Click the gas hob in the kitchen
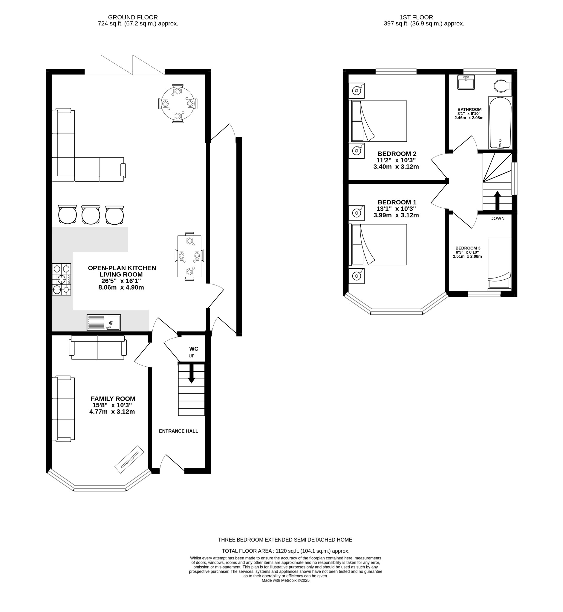pos(61,279)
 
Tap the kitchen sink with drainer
pos(104,322)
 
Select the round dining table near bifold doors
pos(178,104)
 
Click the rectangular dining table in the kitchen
pos(189,256)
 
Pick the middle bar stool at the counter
pos(91,215)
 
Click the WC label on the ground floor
pos(194,348)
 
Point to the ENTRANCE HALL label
pos(178,431)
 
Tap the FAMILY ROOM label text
pos(113,398)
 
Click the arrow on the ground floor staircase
pos(191,374)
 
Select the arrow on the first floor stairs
pos(497,200)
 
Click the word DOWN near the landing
pos(497,218)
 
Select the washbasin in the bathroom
pos(466,82)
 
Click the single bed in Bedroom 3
pos(499,263)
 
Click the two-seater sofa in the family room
pos(98,347)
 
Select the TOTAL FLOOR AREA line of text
pos(285,551)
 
